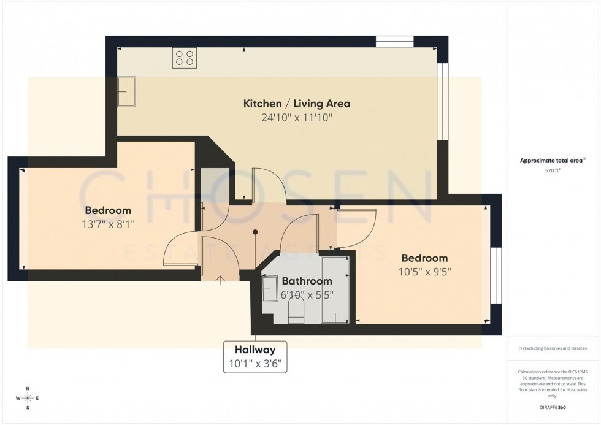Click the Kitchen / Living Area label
tap(297, 103)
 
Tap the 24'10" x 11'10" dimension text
tap(297, 118)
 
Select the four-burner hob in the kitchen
tap(185, 58)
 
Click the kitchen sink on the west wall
tap(128, 91)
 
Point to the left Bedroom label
tap(108, 210)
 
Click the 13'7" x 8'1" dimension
tap(108, 224)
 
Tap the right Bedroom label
tap(424, 258)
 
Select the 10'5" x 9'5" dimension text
tap(424, 272)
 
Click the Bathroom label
tap(307, 281)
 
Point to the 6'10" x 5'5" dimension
tap(307, 294)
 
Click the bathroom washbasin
tap(270, 288)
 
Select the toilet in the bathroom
tap(296, 315)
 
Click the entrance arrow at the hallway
tap(220, 280)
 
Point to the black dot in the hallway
tap(256, 232)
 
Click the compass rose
tap(28, 398)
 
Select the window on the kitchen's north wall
tap(394, 42)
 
